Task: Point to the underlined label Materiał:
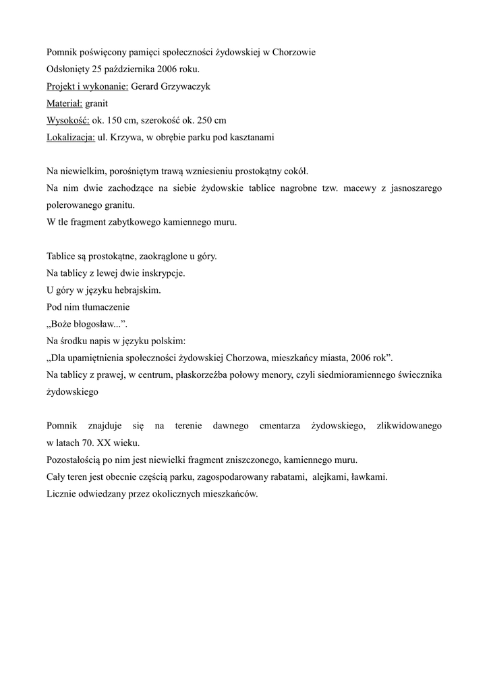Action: [x=64, y=103]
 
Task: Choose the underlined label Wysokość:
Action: [x=67, y=120]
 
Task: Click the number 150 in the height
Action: [x=115, y=120]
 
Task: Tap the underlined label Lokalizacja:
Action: [x=71, y=138]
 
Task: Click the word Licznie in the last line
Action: [x=63, y=494]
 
